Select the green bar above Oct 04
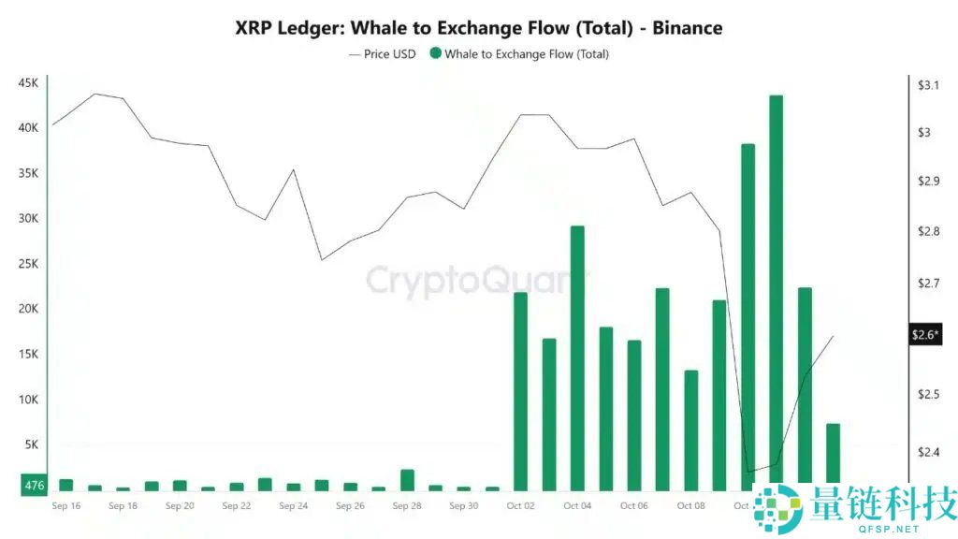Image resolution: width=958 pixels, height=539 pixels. (x=577, y=356)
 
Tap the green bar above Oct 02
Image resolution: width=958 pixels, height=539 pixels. (x=521, y=391)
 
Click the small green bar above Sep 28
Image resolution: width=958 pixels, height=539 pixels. (x=407, y=480)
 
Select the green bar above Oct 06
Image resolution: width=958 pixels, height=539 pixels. (x=634, y=415)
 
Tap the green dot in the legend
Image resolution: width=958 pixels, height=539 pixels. (x=435, y=54)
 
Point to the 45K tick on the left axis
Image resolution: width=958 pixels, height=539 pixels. (x=28, y=82)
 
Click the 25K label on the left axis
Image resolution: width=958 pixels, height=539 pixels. (x=28, y=264)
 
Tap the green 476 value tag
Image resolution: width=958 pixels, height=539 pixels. (x=34, y=485)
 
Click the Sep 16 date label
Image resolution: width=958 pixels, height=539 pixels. (x=66, y=506)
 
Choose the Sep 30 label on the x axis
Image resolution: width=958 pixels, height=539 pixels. (x=463, y=506)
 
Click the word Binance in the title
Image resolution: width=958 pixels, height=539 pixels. (x=687, y=28)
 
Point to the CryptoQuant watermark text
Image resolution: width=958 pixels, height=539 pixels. (x=472, y=281)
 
